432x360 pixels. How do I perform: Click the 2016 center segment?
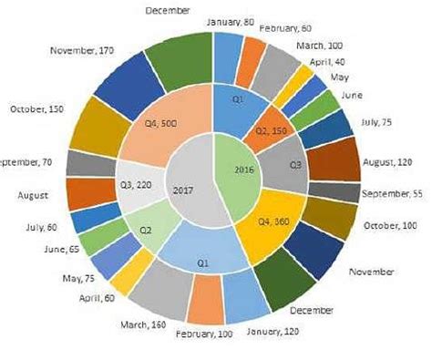(242, 170)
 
